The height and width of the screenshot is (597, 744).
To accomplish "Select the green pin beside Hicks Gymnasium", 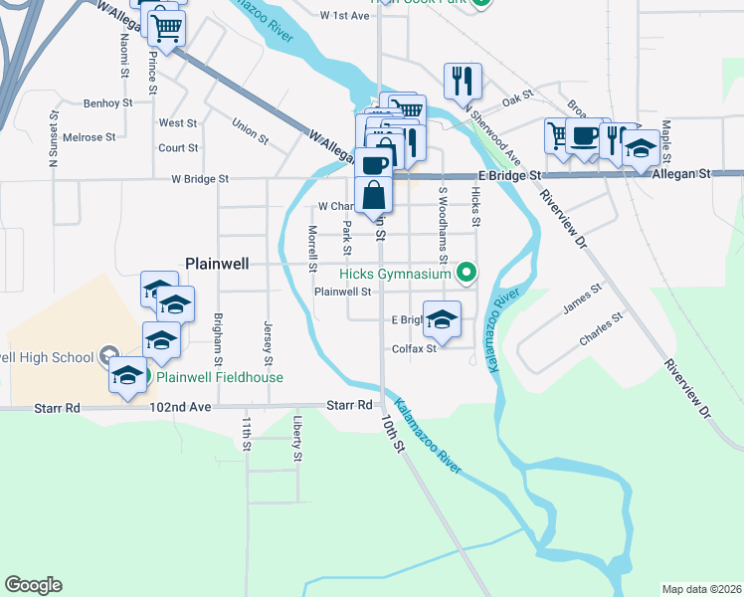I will click(x=465, y=273).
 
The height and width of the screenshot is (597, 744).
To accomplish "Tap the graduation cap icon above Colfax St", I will click(x=443, y=319).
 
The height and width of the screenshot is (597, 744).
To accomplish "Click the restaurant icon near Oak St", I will click(x=463, y=81).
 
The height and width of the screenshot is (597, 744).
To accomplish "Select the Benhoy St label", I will click(x=108, y=102).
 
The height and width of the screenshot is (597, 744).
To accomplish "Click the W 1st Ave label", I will click(x=345, y=16).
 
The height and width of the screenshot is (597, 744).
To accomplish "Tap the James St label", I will click(x=582, y=299).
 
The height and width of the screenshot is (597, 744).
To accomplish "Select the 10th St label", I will click(x=393, y=435).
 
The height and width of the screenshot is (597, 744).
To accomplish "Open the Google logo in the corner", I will click(x=33, y=585).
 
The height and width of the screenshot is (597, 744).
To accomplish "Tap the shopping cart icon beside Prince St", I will click(x=167, y=30).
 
